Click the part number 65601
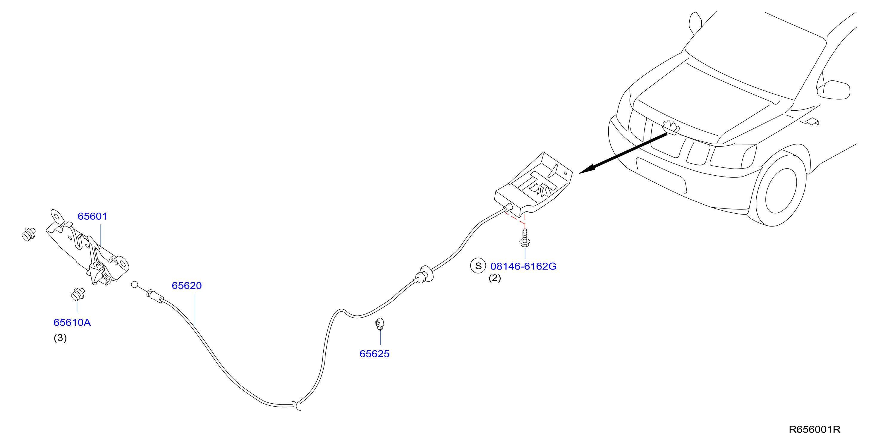click(92, 216)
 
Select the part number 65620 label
click(187, 286)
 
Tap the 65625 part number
click(374, 354)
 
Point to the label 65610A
click(72, 323)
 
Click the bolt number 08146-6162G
click(523, 266)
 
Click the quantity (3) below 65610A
click(60, 338)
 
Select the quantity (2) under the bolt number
click(495, 278)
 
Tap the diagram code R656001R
click(814, 429)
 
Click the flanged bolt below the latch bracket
click(525, 238)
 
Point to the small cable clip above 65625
click(380, 324)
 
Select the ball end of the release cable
click(135, 284)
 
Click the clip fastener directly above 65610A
click(78, 294)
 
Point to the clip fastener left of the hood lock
click(28, 234)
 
